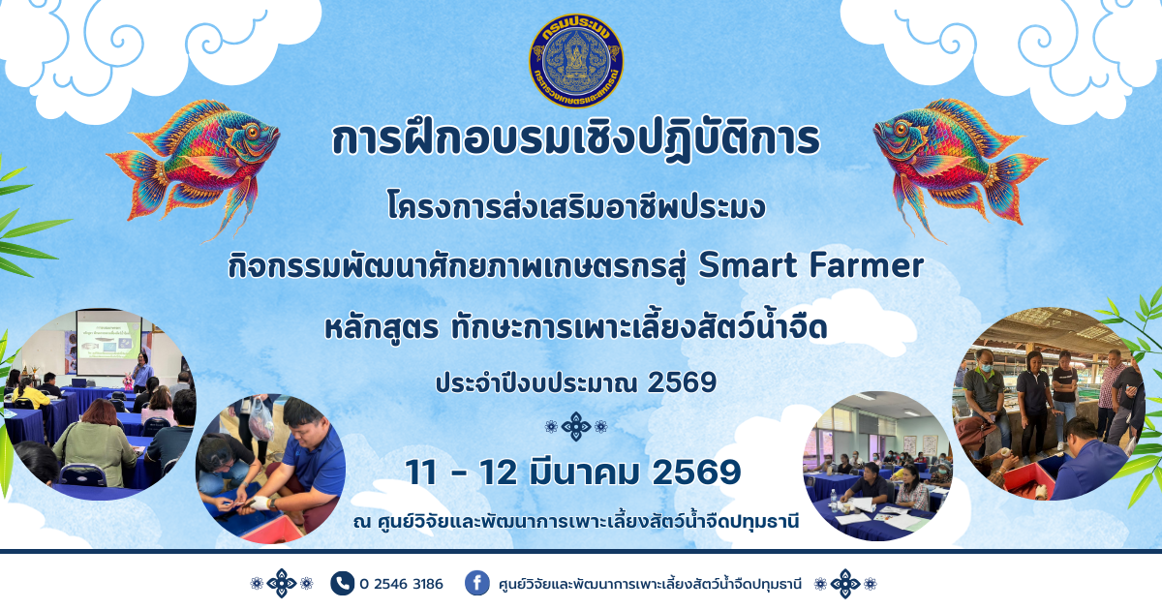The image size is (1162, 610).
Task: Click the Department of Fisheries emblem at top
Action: point(576,61)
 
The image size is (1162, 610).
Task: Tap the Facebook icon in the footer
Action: point(476,583)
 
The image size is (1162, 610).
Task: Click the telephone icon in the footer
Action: point(342,583)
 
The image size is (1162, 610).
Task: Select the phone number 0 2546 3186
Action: point(401,584)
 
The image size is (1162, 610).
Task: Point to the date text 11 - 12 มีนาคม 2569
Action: point(573,472)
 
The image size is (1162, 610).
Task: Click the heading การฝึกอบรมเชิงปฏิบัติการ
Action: point(575,140)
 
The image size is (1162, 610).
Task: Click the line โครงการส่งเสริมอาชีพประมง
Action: point(575,206)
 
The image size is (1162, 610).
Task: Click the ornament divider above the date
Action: point(575,426)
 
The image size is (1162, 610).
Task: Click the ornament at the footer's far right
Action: point(845,584)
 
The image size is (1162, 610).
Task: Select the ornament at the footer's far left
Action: point(281,584)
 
